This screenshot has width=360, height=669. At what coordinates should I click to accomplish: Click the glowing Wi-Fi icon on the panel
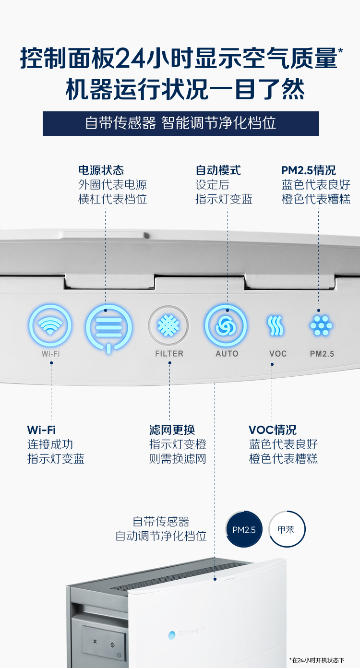[x=50, y=325]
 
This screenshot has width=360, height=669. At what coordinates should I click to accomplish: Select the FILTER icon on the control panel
[x=168, y=325]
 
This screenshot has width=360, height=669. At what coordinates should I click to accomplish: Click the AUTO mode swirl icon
[x=226, y=325]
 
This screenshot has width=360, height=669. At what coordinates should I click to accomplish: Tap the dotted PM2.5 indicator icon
[x=321, y=325]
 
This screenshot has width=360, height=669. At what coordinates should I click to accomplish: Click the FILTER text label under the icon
[x=169, y=354]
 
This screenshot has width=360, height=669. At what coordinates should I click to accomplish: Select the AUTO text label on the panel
[x=227, y=354]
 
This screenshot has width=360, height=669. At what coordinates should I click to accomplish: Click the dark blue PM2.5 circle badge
[x=244, y=529]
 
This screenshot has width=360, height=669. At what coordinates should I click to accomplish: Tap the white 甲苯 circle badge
[x=287, y=529]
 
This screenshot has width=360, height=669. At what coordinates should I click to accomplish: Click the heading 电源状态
[x=101, y=170]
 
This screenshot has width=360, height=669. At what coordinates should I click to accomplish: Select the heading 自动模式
[x=218, y=170]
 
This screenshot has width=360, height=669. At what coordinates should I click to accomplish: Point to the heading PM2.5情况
[x=309, y=170]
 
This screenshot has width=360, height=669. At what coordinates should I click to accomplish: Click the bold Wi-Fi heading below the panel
[x=41, y=430]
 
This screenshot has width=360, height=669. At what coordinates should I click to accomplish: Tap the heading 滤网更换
[x=172, y=430]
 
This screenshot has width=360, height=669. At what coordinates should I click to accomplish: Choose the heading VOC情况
[x=273, y=430]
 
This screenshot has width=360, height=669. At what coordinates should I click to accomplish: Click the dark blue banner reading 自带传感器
[x=181, y=124]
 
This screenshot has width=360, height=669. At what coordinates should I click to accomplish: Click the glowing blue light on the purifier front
[x=172, y=635]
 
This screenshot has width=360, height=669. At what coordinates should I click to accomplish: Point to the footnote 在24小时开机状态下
[x=317, y=660]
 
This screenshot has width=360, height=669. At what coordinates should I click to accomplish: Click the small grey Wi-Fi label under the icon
[x=51, y=354]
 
